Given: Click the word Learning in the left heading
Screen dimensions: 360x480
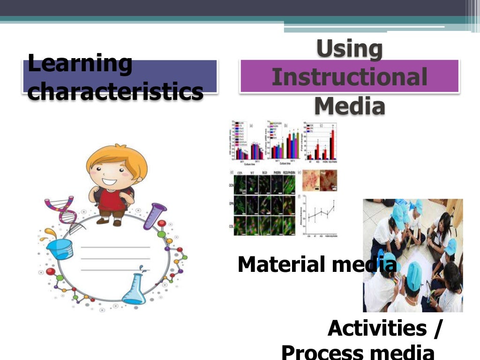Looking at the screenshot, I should [x=80, y=64].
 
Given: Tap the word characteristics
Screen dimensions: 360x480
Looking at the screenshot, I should [x=115, y=91].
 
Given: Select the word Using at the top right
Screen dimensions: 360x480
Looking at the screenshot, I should [x=349, y=49].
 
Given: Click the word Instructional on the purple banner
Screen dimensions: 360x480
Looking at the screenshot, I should [x=349, y=77].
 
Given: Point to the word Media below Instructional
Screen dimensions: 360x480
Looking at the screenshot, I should [x=349, y=105].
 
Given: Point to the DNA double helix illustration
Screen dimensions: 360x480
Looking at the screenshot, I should [x=61, y=211].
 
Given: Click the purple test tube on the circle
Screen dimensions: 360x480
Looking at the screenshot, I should [x=155, y=216].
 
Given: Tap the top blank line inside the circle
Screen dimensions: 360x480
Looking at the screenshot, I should [x=115, y=247].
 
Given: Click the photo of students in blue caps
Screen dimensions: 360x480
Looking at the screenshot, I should [x=412, y=255].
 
